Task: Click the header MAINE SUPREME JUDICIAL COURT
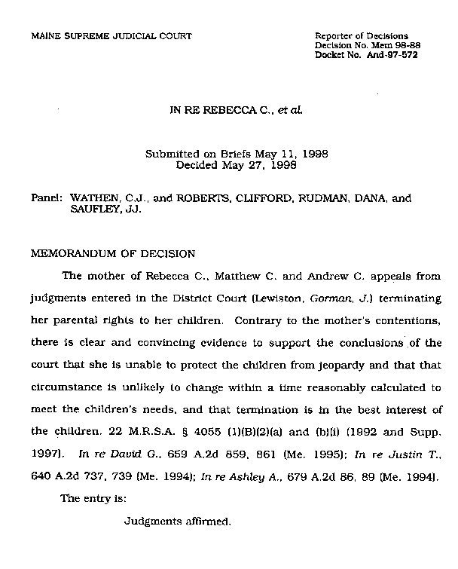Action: point(111,35)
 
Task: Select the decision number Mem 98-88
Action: point(387,45)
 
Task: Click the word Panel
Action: point(47,199)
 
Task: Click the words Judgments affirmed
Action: point(177,520)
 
